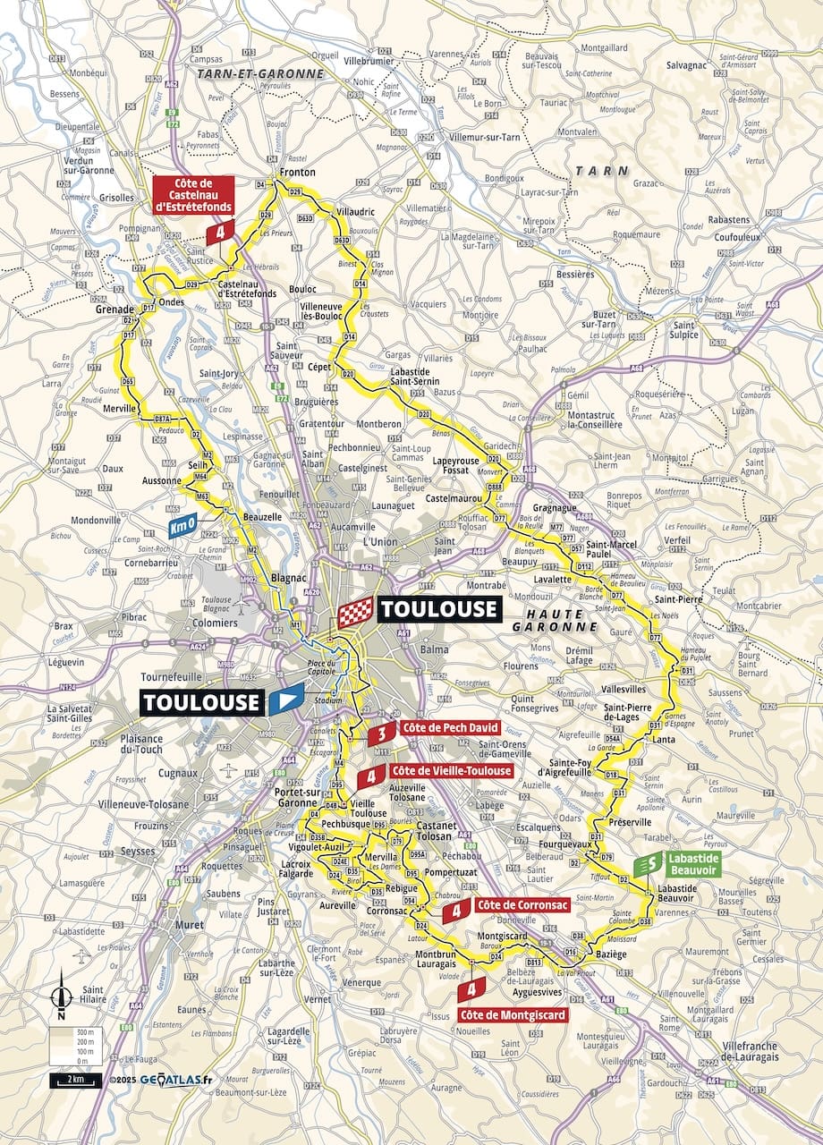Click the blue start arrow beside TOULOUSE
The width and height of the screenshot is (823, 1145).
coord(285,700)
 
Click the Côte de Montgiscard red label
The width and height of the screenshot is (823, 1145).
coord(513,1015)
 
